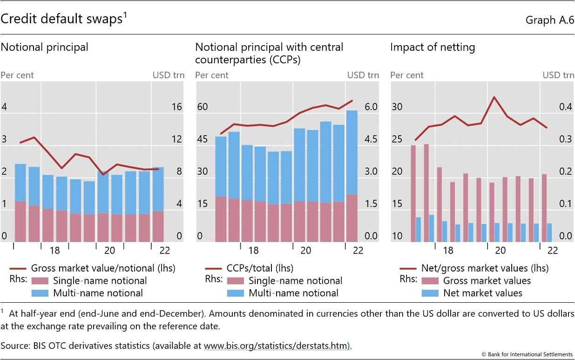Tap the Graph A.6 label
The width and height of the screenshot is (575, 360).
(549, 20)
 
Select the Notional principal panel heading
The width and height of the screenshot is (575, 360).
(44, 47)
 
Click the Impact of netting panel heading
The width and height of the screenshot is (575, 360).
(433, 47)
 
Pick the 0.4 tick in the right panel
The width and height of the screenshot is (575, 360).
(565, 107)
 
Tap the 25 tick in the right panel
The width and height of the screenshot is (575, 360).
(396, 139)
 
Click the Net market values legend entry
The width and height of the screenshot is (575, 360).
(483, 293)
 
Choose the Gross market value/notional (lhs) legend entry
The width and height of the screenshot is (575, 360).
(103, 268)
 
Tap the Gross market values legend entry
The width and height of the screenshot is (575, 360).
(487, 281)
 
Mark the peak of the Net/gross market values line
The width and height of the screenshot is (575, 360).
(494, 97)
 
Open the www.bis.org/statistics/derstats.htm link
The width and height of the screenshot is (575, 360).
(276, 346)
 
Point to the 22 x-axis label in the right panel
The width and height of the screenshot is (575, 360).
(552, 251)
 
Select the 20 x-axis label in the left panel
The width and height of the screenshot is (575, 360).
(109, 251)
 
